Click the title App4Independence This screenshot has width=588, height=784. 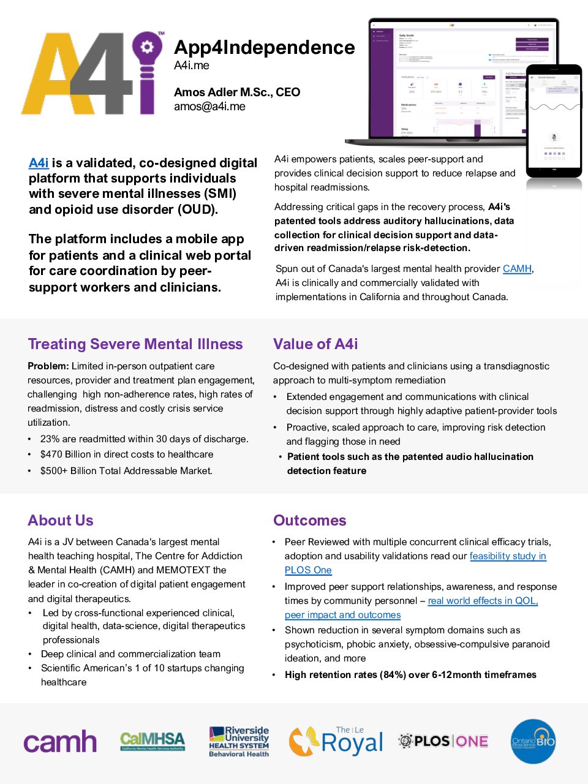point(264,48)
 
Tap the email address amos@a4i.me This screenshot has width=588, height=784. point(209,107)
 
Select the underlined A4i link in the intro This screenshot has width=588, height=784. point(39,163)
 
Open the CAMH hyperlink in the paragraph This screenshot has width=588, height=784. point(517,269)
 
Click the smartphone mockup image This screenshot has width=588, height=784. point(554,121)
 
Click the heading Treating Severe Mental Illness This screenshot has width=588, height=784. point(135,344)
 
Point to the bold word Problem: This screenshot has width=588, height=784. point(48,366)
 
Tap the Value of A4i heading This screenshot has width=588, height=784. point(315,344)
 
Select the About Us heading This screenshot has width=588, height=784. point(61,521)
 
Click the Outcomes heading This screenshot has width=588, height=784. point(309,521)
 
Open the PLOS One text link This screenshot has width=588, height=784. point(308,570)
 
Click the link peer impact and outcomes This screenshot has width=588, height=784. point(342,615)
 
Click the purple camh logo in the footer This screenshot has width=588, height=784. point(60,742)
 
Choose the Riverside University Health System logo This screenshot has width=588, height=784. point(239,741)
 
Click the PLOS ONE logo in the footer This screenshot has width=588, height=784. point(443,741)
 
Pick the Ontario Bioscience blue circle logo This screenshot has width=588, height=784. point(533,741)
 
